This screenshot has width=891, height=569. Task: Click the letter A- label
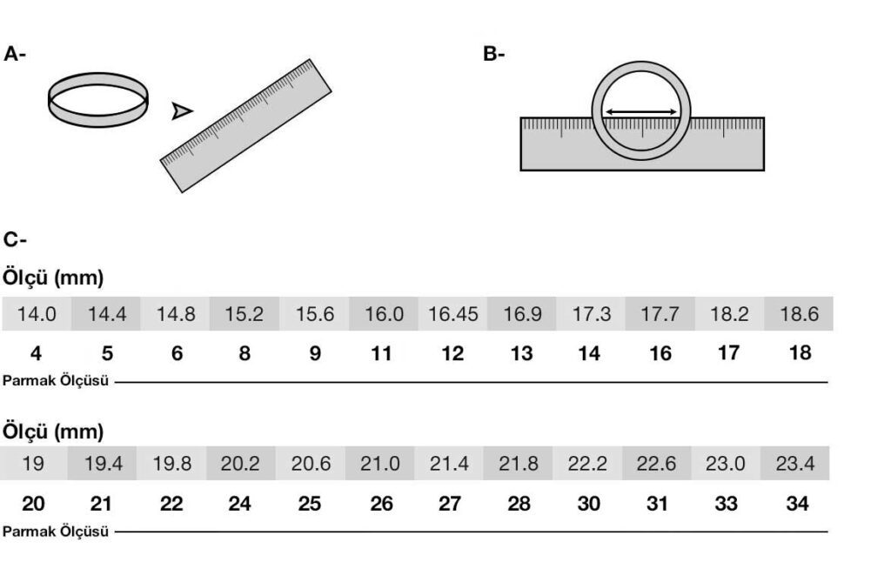click(16, 55)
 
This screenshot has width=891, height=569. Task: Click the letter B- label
click(494, 55)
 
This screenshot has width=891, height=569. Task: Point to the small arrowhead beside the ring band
click(181, 110)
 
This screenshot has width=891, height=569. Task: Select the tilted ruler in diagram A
click(246, 125)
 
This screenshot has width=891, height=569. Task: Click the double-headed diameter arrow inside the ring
click(642, 111)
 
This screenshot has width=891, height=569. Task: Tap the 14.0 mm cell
click(37, 314)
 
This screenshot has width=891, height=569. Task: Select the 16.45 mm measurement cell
click(452, 314)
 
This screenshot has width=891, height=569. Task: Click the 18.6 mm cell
click(799, 314)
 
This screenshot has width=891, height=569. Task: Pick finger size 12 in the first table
click(452, 353)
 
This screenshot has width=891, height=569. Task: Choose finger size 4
click(36, 353)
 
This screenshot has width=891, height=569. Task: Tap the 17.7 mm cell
click(660, 314)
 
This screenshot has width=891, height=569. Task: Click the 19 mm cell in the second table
click(33, 464)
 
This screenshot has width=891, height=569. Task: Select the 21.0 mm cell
click(380, 464)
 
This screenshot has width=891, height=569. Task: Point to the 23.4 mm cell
click(795, 464)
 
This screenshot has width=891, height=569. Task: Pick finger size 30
click(588, 503)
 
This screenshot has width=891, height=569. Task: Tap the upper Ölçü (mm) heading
click(54, 280)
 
